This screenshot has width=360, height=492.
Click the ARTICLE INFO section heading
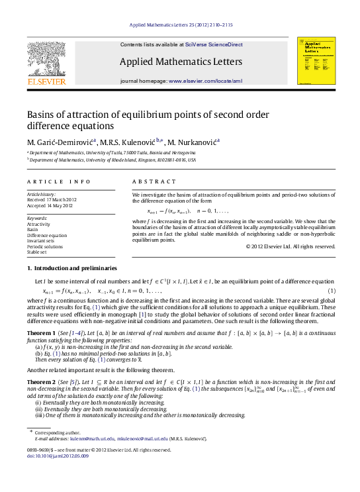click(59, 181)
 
